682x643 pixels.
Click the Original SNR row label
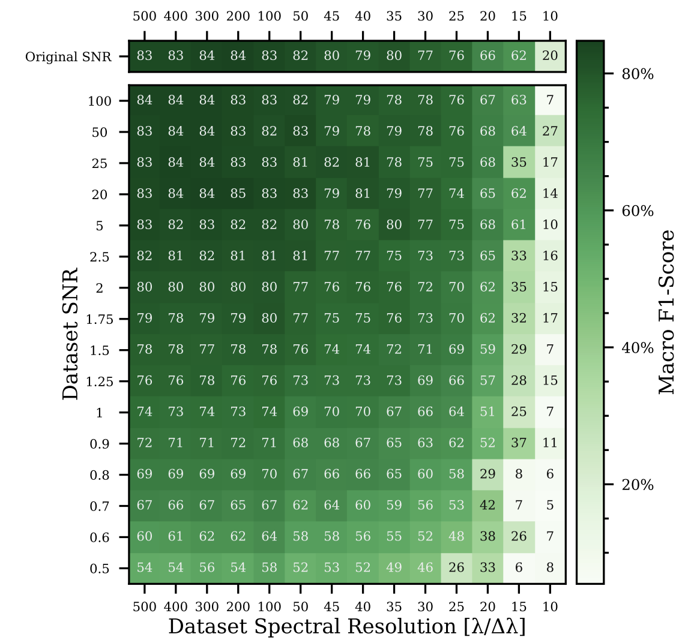(x=68, y=56)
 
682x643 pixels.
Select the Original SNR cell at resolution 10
(x=550, y=56)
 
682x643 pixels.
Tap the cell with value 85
(x=238, y=193)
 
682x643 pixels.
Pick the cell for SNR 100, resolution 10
(x=550, y=100)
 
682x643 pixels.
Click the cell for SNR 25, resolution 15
(x=519, y=162)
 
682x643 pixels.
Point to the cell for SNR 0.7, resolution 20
(x=487, y=505)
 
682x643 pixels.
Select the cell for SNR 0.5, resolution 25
(x=456, y=567)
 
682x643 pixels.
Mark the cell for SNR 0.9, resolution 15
(x=519, y=443)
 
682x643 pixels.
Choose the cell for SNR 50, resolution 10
(x=550, y=131)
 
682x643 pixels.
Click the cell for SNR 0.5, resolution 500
(x=145, y=567)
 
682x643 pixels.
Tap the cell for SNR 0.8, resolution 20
(x=487, y=474)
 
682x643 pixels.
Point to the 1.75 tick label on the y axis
(x=100, y=319)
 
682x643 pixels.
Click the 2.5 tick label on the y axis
(x=100, y=257)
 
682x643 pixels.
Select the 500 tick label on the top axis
(x=145, y=16)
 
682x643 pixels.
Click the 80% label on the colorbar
(x=638, y=74)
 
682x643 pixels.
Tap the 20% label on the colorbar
(x=638, y=485)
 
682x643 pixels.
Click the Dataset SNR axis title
(x=71, y=333)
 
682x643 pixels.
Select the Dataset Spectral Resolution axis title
(x=347, y=627)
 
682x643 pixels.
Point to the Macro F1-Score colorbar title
(x=666, y=312)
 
